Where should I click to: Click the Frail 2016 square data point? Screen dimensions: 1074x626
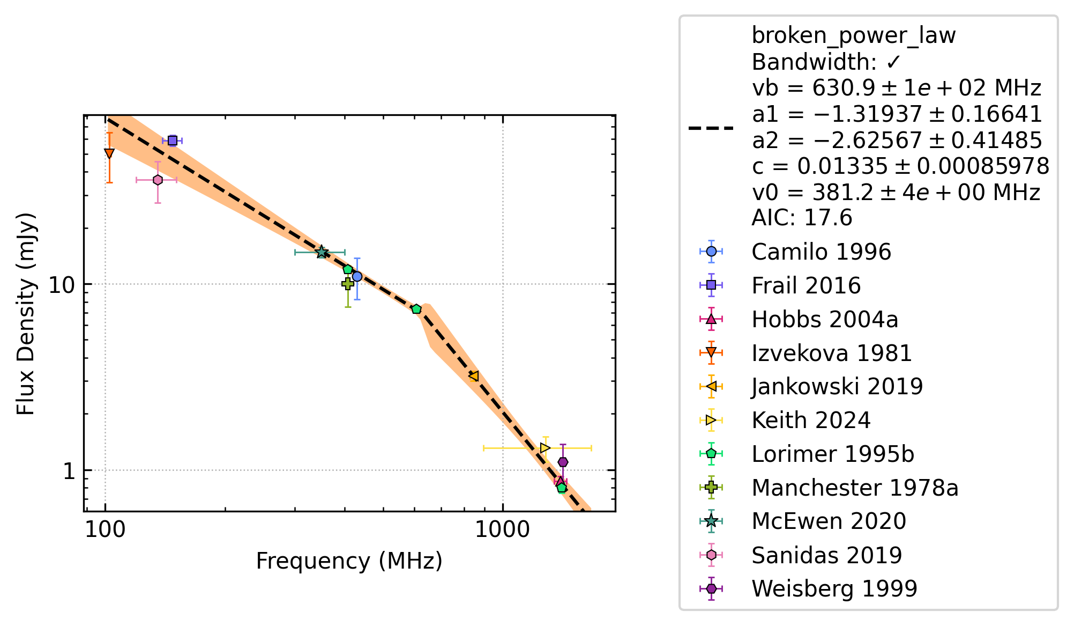(173, 141)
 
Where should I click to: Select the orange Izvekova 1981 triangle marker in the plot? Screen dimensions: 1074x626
(109, 153)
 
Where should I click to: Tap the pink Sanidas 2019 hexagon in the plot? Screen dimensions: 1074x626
(158, 180)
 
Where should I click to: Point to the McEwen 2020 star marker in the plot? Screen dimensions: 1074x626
(322, 252)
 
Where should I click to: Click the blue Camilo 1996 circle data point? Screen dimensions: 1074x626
(357, 276)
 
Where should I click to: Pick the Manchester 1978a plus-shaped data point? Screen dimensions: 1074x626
(347, 284)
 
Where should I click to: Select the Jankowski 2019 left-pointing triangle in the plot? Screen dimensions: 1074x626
(473, 376)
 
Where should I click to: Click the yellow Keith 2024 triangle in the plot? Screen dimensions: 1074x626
(545, 448)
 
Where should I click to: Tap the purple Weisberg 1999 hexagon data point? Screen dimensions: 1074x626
(563, 462)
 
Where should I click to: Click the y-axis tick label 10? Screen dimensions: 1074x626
(63, 285)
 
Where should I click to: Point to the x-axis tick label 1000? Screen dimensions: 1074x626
(503, 529)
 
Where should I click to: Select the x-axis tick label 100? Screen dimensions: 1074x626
(105, 529)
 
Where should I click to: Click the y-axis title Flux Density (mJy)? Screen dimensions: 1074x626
(25, 314)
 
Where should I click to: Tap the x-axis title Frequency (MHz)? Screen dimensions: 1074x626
(349, 561)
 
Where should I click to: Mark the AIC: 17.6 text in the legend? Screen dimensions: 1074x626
(802, 218)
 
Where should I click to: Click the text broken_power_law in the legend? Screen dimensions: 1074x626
(854, 36)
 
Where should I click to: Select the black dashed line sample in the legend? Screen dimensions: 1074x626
(711, 128)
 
